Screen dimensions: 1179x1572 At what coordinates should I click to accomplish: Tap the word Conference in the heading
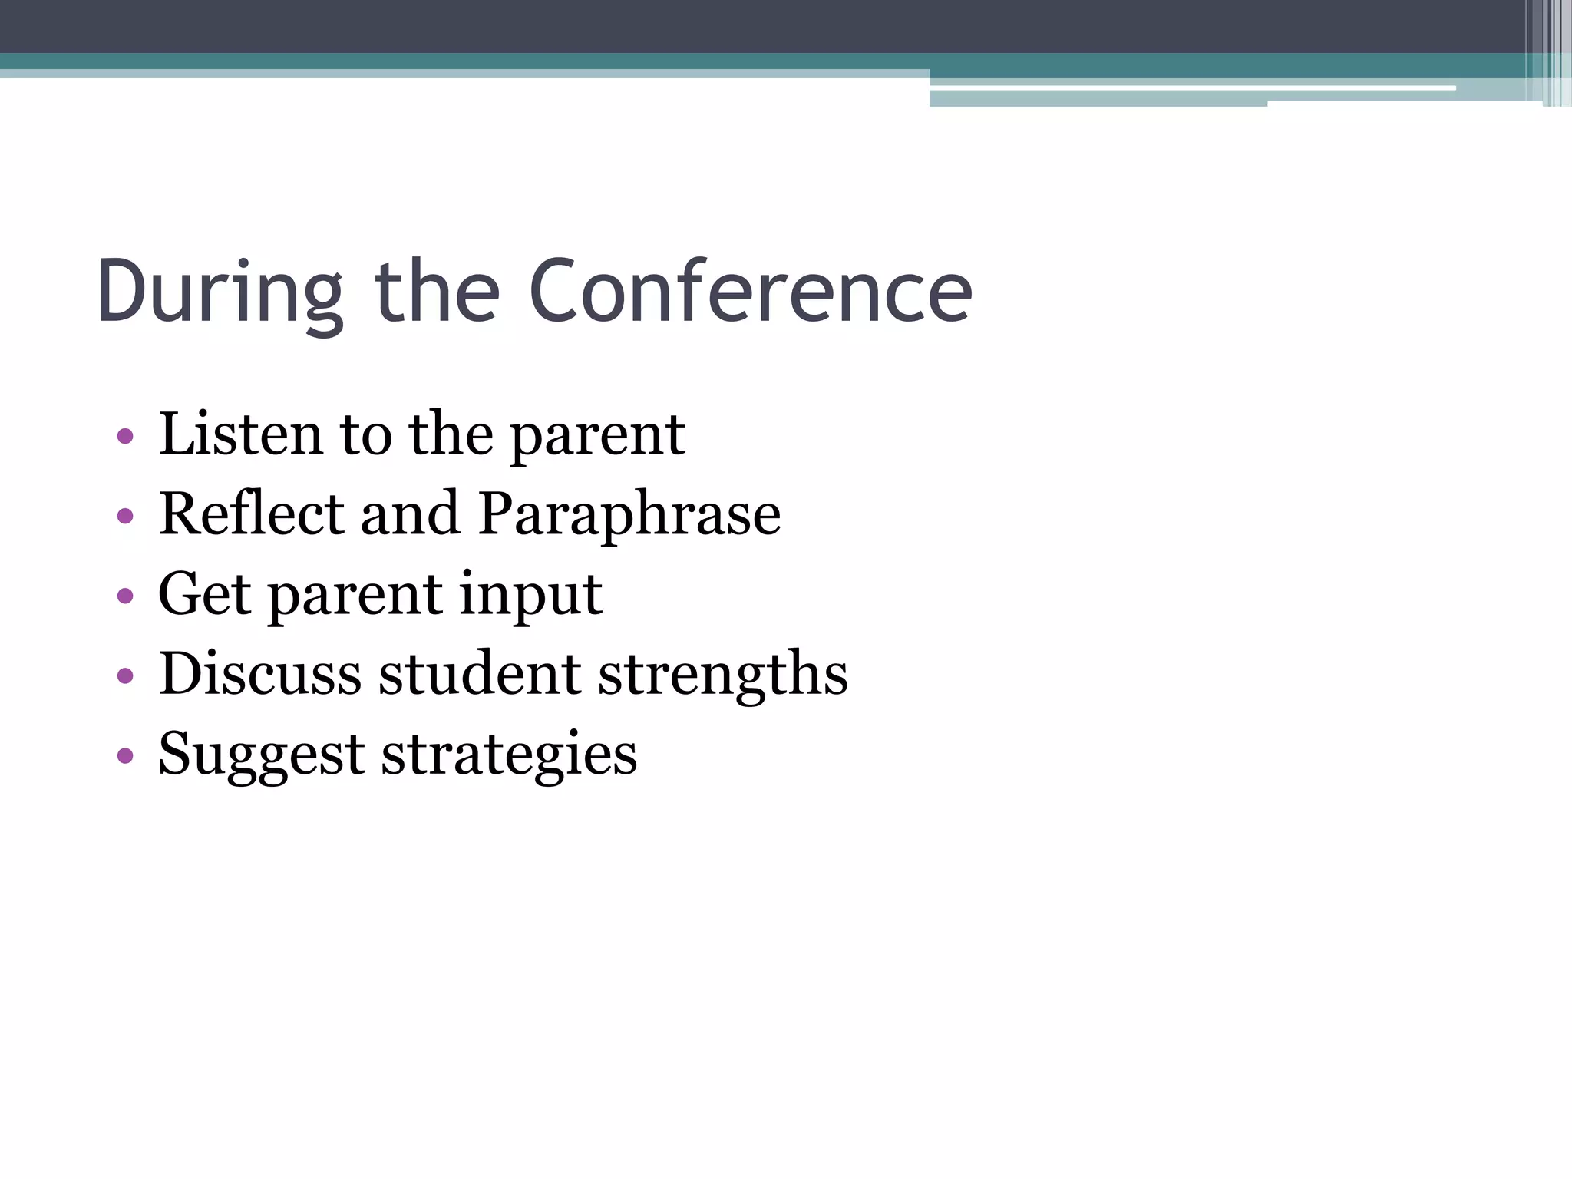(751, 292)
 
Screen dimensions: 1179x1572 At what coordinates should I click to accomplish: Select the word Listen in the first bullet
(240, 434)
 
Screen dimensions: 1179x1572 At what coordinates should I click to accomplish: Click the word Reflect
(252, 514)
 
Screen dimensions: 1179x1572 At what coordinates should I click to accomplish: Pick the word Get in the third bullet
(204, 593)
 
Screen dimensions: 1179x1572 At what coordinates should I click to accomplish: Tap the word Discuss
(259, 673)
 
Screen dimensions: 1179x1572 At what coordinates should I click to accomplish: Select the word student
(480, 673)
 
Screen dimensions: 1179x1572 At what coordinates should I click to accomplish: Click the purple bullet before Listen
(126, 438)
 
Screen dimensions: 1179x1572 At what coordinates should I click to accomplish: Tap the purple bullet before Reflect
(126, 517)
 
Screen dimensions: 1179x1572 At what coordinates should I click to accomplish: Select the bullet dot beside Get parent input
(126, 596)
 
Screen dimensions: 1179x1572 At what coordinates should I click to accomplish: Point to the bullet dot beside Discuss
(126, 676)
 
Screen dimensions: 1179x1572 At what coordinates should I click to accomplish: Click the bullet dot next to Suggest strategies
(126, 756)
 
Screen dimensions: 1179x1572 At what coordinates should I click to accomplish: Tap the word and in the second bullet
(410, 514)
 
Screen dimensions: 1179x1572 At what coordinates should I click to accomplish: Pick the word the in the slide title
(437, 292)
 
